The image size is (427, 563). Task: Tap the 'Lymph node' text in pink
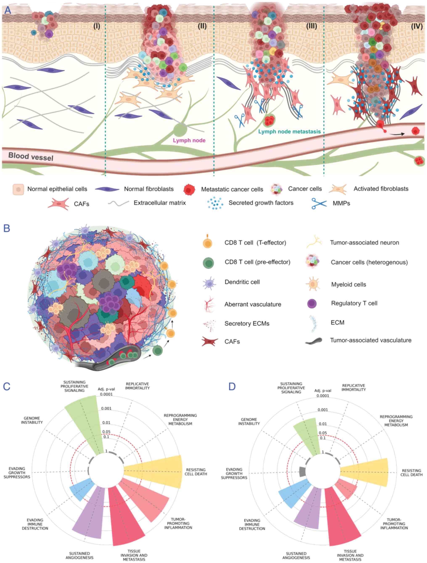click(x=189, y=140)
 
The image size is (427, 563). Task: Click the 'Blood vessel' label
click(x=31, y=156)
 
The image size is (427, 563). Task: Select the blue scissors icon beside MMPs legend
click(x=319, y=203)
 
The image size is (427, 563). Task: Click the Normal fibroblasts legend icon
click(x=107, y=189)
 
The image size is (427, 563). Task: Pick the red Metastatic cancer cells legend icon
click(x=189, y=189)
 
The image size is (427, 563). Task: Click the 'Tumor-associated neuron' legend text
click(x=364, y=243)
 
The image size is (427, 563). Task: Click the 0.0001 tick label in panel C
click(x=107, y=394)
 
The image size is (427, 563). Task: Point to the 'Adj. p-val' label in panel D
click(x=323, y=390)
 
